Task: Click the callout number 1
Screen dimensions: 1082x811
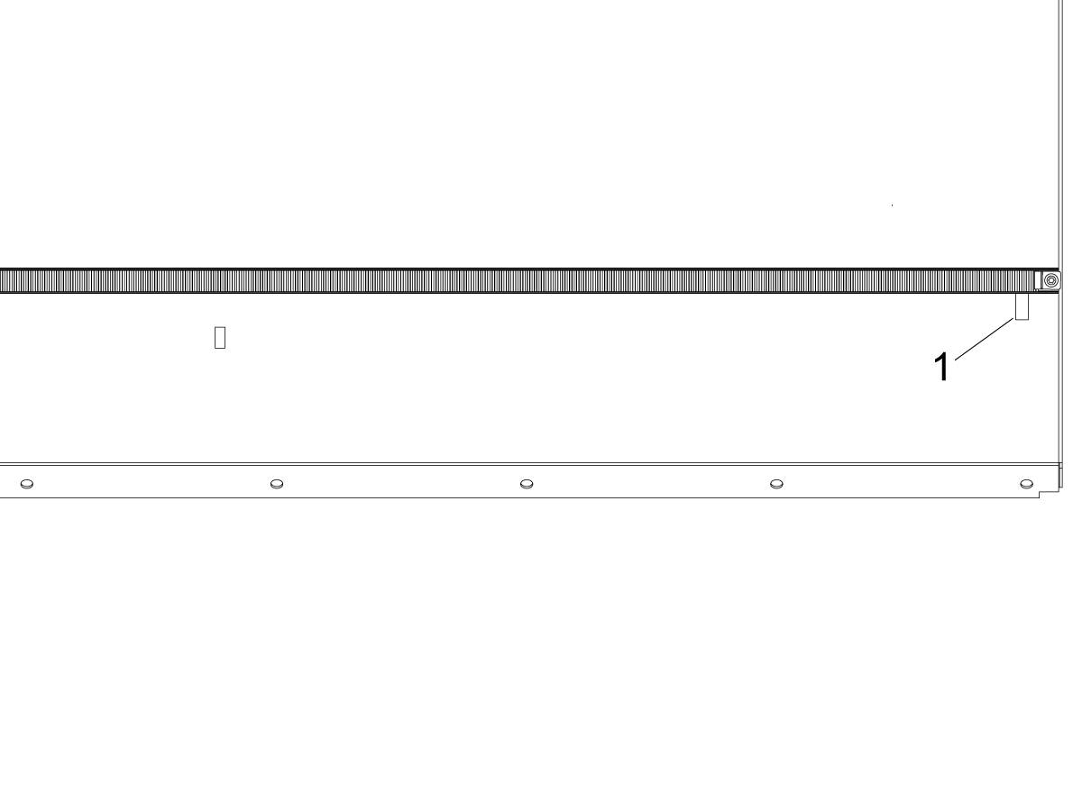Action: tap(942, 367)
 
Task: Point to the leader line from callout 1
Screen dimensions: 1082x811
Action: tap(985, 340)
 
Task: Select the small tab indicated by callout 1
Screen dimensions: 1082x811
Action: tap(1022, 306)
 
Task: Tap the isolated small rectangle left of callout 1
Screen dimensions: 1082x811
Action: tap(220, 338)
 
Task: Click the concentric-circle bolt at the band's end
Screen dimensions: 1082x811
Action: tap(1051, 280)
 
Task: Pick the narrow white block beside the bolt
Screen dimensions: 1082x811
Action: tap(1038, 280)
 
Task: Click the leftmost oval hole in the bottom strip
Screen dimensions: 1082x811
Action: tap(27, 484)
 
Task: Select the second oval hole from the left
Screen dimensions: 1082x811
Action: tap(277, 484)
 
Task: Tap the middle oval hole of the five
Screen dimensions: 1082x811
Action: tap(527, 484)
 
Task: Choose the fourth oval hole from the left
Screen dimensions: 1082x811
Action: tap(776, 484)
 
